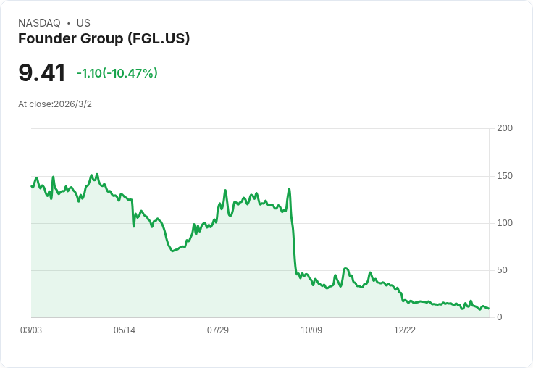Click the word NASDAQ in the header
[x=39, y=23]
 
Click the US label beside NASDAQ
[x=83, y=23]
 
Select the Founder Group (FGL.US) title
[x=104, y=38]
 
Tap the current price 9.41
[x=42, y=72]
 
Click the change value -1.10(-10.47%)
[x=117, y=73]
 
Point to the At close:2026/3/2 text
[x=55, y=104]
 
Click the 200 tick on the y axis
[x=505, y=128]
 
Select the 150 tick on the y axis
[x=505, y=176]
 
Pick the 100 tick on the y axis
[x=505, y=223]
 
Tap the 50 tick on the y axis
[x=502, y=270]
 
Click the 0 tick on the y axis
[x=500, y=317]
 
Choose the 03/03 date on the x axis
[x=31, y=330]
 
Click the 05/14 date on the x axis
[x=125, y=330]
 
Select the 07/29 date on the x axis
[x=218, y=330]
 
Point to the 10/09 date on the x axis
[x=311, y=330]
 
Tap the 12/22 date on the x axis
[x=405, y=330]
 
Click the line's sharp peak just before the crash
[x=289, y=189]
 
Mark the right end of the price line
[x=488, y=309]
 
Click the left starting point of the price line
[x=31, y=186]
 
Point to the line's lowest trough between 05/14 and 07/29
[x=172, y=251]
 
